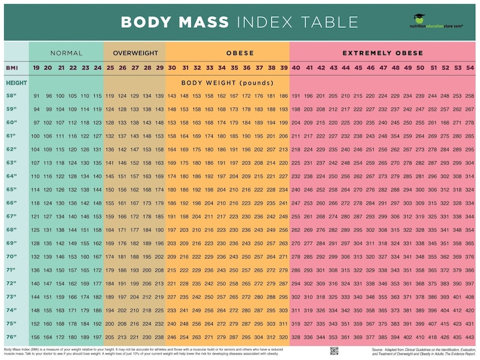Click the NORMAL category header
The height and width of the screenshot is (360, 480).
(x=66, y=53)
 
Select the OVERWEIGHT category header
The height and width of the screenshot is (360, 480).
(x=134, y=53)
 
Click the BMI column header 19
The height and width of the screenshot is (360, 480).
(x=36, y=68)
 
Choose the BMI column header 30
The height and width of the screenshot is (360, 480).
(x=172, y=68)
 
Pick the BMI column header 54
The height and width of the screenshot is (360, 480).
(x=470, y=68)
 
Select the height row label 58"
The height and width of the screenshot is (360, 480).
(x=11, y=96)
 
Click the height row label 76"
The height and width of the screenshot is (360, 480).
(x=11, y=337)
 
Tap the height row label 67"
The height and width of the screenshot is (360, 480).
(x=11, y=216)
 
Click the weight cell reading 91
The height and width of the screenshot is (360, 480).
(x=36, y=96)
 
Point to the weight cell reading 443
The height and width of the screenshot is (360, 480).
(x=470, y=337)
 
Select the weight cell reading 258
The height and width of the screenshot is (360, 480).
(x=470, y=96)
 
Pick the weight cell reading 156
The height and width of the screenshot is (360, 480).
(x=36, y=337)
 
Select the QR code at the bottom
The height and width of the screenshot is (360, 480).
(x=334, y=351)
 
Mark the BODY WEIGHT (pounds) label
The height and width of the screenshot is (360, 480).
(x=228, y=82)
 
